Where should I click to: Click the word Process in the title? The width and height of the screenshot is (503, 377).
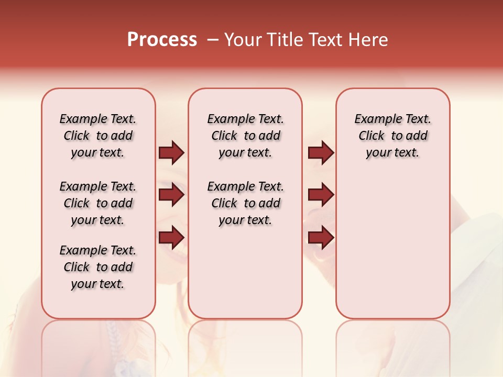(162, 40)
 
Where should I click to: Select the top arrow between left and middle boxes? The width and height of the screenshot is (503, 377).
(171, 153)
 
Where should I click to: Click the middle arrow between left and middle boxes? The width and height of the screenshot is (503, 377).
(171, 195)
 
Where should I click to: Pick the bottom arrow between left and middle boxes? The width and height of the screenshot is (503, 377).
(171, 237)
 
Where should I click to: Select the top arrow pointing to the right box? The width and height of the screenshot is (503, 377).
(321, 153)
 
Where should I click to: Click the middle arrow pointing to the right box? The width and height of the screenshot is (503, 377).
(321, 195)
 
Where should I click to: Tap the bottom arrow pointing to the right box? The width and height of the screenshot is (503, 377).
(321, 237)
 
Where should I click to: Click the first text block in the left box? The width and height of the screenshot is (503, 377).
(98, 136)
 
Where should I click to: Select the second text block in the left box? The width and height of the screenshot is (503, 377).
(98, 203)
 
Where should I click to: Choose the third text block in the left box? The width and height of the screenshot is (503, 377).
(98, 267)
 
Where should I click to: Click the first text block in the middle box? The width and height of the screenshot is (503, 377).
(245, 136)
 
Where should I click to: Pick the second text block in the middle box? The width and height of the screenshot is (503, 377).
(245, 203)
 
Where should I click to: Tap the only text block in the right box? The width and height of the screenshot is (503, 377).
(392, 136)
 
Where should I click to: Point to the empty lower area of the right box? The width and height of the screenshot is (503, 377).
(392, 246)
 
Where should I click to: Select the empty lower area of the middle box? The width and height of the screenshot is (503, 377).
(245, 272)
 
